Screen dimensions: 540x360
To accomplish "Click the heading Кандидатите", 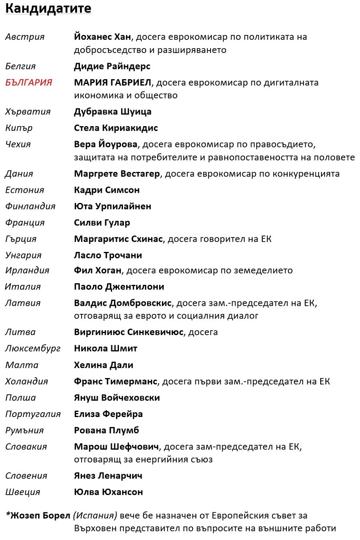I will (x=48, y=9).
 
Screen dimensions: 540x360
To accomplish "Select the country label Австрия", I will (x=25, y=37).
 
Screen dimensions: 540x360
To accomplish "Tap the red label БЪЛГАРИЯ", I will (x=29, y=83).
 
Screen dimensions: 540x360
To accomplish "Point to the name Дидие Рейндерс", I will (x=112, y=66).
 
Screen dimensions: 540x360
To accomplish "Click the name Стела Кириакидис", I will (x=116, y=128).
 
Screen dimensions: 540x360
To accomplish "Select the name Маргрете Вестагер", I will (x=117, y=174).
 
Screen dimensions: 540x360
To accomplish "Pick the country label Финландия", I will (x=30, y=207).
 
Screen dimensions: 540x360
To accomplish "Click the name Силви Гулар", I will (x=102, y=223).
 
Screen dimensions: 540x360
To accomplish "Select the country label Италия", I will (x=23, y=287).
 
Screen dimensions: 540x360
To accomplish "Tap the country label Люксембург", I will (x=33, y=349).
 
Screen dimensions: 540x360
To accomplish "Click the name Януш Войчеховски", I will (x=117, y=398).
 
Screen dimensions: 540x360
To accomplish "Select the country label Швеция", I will (x=23, y=492).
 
